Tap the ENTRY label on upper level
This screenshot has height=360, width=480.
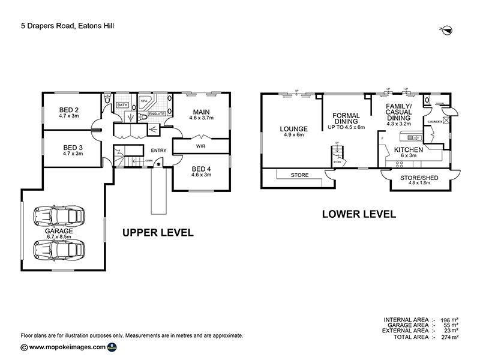pyautogui.click(x=159, y=150)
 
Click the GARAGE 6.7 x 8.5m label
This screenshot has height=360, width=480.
pyautogui.click(x=59, y=233)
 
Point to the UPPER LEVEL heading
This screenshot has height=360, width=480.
pyautogui.click(x=158, y=232)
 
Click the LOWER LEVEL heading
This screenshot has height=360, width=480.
pyautogui.click(x=359, y=213)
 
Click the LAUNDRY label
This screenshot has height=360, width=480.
pyautogui.click(x=435, y=122)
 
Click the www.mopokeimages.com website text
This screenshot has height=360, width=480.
pyautogui.click(x=67, y=347)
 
